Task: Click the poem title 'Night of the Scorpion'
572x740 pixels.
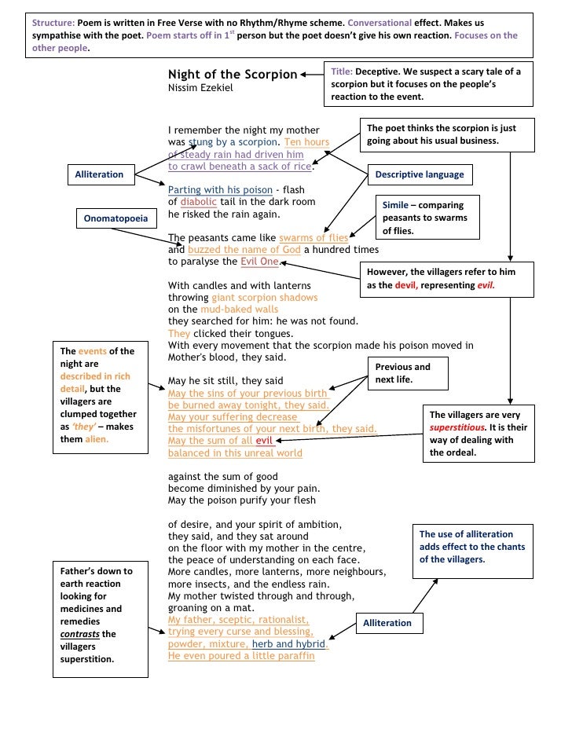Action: coord(233,75)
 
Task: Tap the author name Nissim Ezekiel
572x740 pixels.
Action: coord(200,88)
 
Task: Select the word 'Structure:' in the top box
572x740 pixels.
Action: coord(53,22)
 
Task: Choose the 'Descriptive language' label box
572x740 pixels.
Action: coord(420,174)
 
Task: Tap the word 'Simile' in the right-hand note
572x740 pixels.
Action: coord(395,204)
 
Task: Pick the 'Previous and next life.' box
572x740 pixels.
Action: coord(402,373)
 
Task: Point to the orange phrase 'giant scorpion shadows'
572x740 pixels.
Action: coord(265,298)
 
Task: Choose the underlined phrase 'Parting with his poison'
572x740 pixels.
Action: coord(221,190)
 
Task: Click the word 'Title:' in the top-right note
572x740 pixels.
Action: coord(343,71)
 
